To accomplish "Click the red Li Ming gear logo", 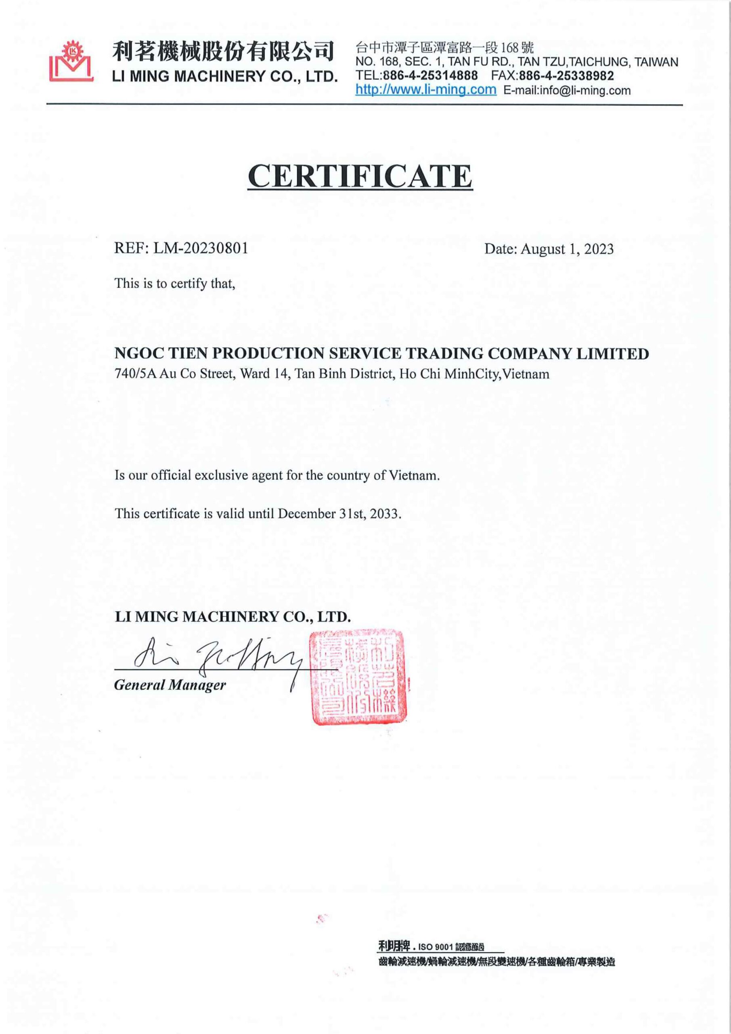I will [x=71, y=62].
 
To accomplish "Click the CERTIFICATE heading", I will [x=360, y=176].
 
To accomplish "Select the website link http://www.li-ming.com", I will [x=425, y=90].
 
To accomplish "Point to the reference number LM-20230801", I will [x=201, y=248].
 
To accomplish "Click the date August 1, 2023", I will [x=567, y=249].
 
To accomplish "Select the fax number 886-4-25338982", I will [x=566, y=75].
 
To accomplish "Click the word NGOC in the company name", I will [x=138, y=353].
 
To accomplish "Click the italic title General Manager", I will [x=170, y=685].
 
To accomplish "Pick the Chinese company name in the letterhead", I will [x=223, y=51].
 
